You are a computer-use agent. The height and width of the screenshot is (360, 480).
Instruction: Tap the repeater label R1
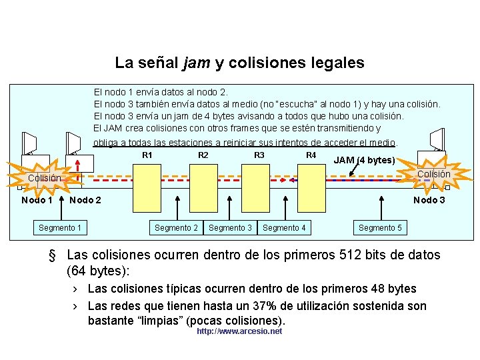tap(147, 155)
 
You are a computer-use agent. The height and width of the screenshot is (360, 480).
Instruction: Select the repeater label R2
tap(203, 155)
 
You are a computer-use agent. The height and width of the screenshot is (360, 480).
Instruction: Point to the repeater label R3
tap(259, 155)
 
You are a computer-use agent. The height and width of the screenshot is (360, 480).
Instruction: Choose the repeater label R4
tap(311, 155)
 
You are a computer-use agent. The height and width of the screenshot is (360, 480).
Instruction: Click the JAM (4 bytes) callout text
tap(364, 160)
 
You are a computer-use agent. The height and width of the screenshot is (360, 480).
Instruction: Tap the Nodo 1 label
tap(37, 200)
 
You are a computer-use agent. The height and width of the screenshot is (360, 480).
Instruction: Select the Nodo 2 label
tap(85, 200)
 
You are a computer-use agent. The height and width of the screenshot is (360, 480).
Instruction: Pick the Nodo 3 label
tap(429, 200)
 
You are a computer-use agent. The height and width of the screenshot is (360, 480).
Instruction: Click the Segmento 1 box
tap(60, 228)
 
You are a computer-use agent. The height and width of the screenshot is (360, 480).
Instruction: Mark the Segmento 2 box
tap(176, 228)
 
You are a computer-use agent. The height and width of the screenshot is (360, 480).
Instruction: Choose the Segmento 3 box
tap(230, 228)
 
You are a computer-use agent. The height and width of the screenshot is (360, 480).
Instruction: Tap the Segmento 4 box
tap(284, 228)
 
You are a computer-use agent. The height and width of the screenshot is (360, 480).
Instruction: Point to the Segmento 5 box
tap(380, 228)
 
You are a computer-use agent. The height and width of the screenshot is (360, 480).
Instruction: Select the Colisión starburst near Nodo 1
tap(44, 178)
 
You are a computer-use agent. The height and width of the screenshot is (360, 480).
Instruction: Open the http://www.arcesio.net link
tap(239, 331)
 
